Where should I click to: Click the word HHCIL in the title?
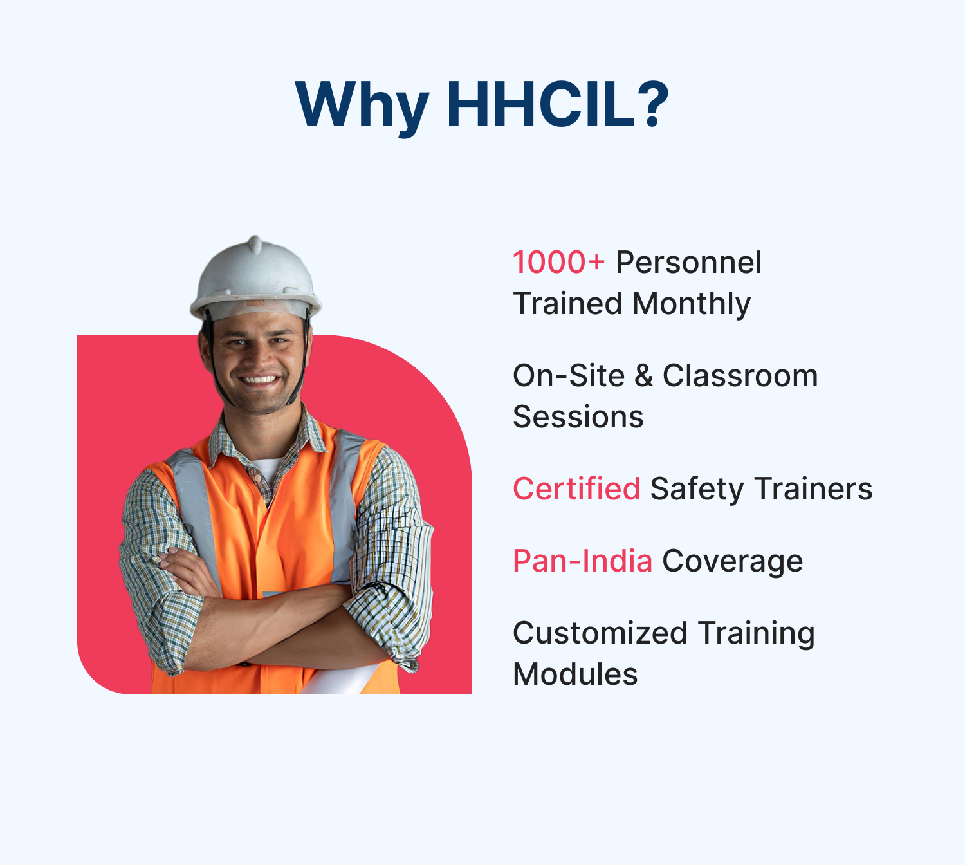tap(540, 104)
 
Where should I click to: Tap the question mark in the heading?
tap(652, 104)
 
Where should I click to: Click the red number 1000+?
tap(558, 262)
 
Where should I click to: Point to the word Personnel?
tap(689, 262)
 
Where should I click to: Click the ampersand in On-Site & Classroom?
tap(643, 376)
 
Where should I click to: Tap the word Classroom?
tap(740, 376)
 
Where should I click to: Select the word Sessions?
tap(578, 417)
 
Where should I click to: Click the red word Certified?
tap(576, 488)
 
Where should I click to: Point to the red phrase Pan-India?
tap(582, 561)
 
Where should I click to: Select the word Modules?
tap(575, 674)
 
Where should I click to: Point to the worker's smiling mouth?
tap(260, 379)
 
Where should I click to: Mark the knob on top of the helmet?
tap(255, 243)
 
